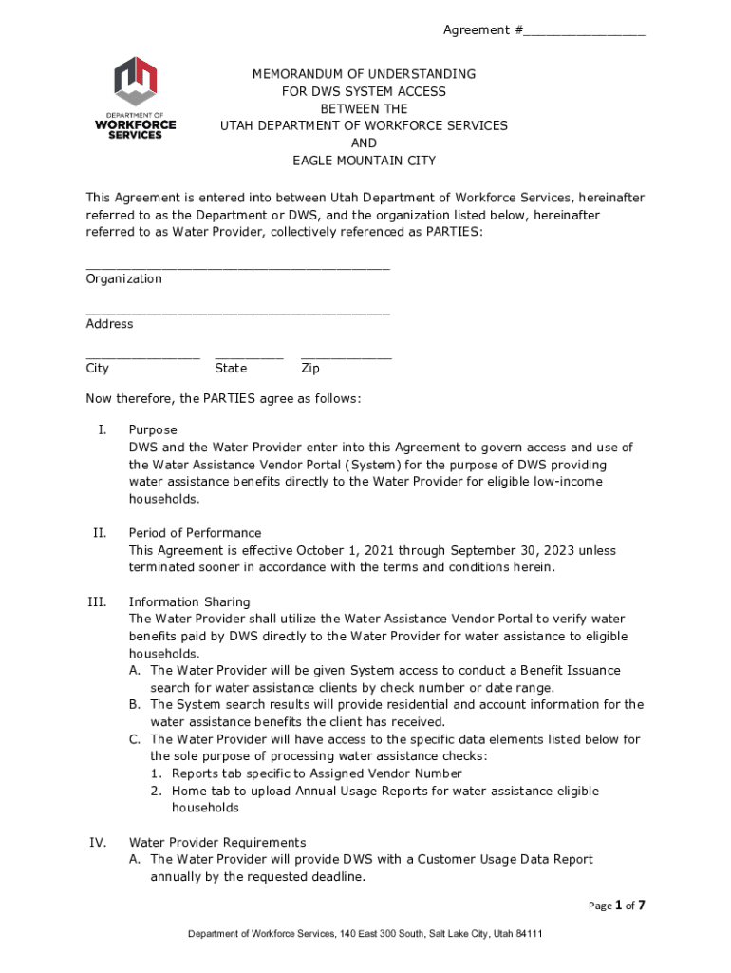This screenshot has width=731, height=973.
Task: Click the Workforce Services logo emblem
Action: [136, 81]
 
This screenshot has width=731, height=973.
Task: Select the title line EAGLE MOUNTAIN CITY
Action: [364, 161]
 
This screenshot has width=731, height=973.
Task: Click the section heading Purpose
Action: [153, 429]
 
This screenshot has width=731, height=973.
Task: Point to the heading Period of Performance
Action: [195, 533]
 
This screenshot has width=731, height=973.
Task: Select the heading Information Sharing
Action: [189, 601]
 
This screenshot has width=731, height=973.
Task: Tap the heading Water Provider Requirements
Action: [217, 842]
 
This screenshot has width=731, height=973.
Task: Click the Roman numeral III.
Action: [97, 601]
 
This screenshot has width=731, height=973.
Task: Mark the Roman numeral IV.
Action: [97, 842]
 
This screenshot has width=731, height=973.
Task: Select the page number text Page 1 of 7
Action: [616, 906]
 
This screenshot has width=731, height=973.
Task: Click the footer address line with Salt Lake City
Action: [365, 934]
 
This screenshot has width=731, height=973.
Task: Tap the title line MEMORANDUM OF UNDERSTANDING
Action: [364, 73]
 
